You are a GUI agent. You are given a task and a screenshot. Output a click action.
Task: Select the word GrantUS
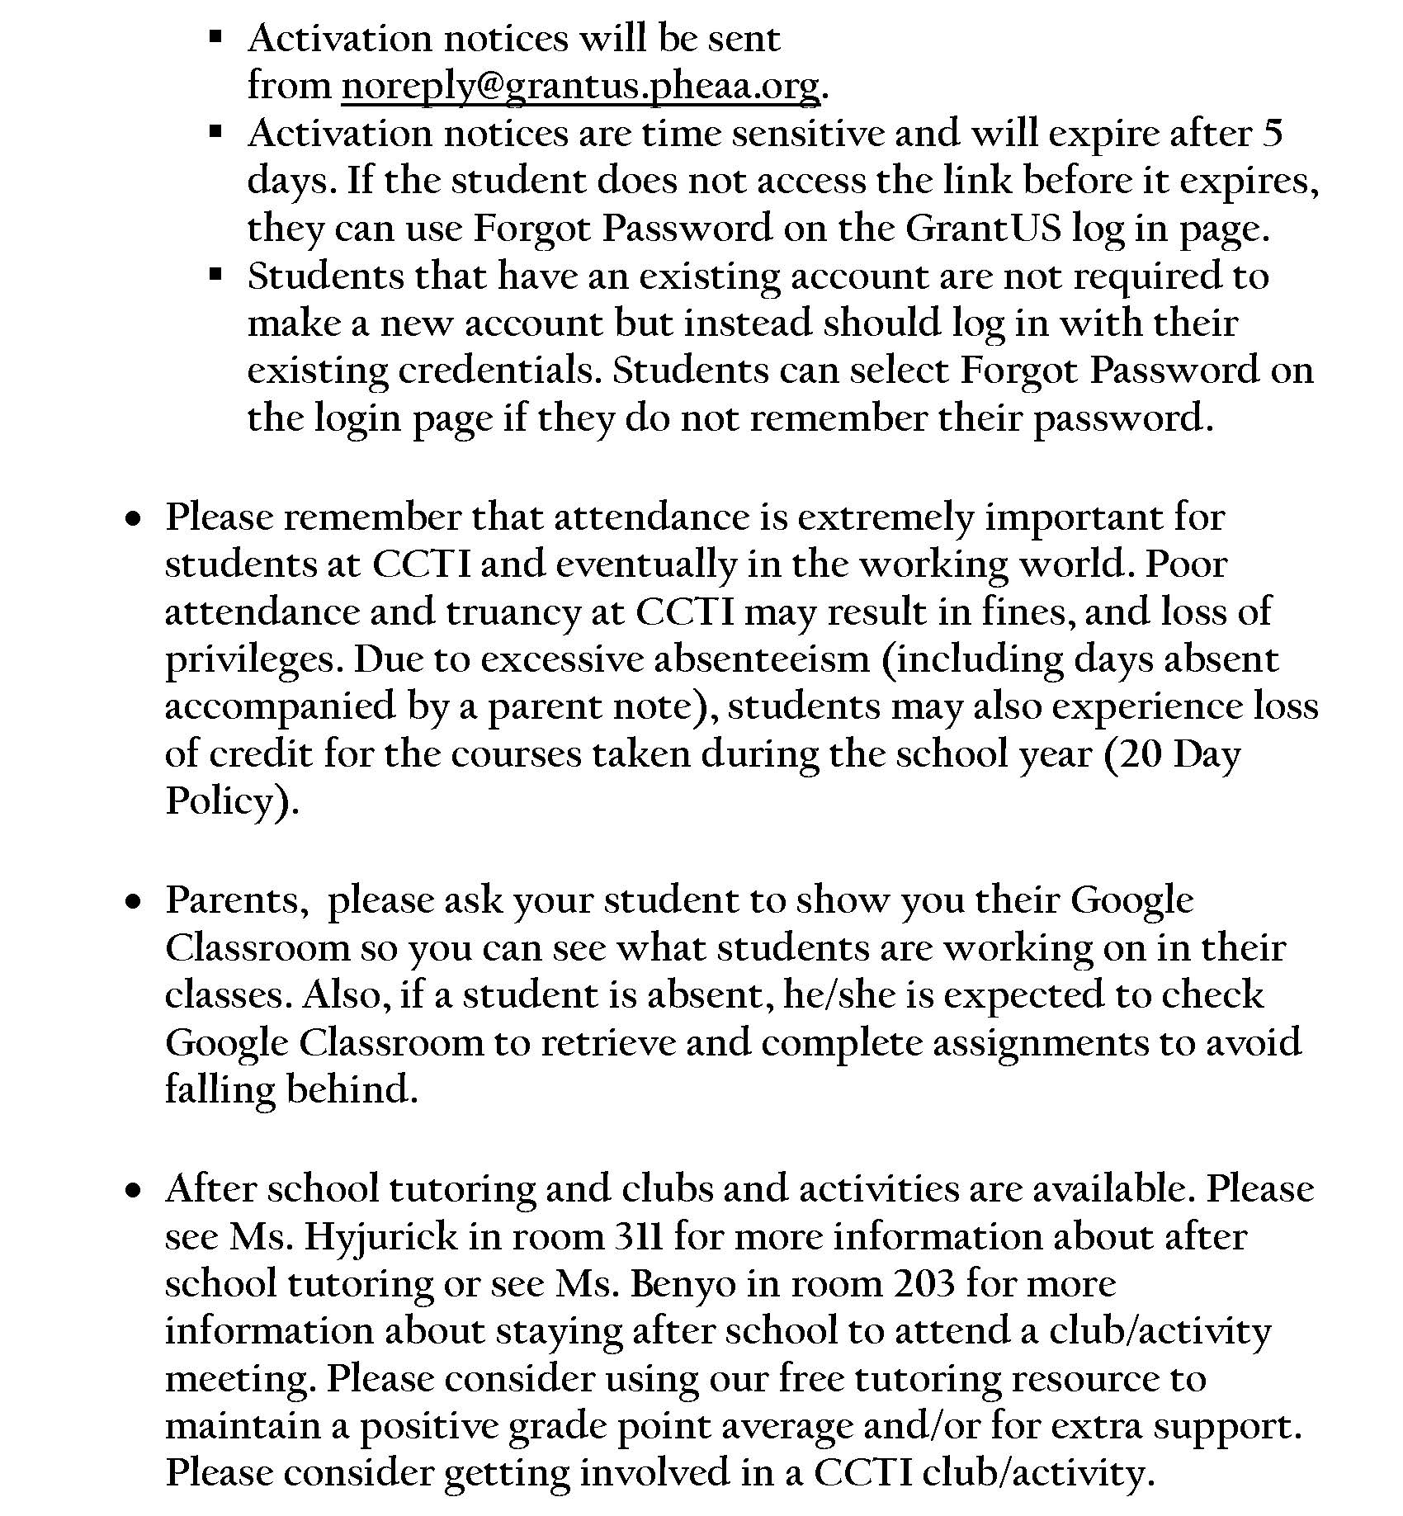click(x=982, y=229)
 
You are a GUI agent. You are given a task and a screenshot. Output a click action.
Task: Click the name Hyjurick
click(x=380, y=1236)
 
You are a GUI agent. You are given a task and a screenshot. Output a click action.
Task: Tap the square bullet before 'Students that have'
click(x=216, y=276)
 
